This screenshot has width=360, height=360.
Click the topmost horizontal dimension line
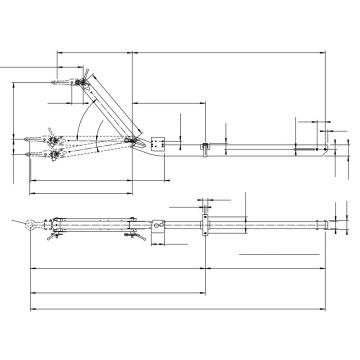pyautogui.click(x=190, y=48)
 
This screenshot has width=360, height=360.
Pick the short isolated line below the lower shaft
pyautogui.click(x=280, y=256)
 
